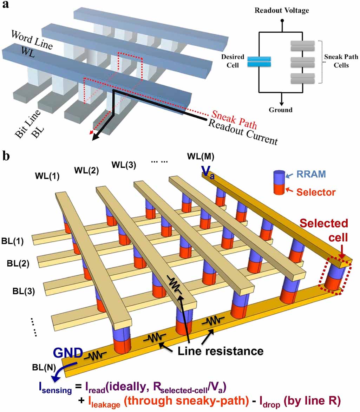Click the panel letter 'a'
coord(6,6)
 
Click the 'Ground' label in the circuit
coord(281,110)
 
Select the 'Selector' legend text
coord(316,192)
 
